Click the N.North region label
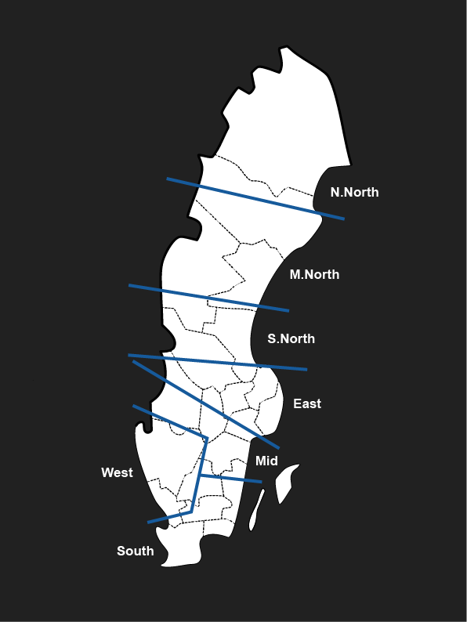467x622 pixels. click(x=354, y=192)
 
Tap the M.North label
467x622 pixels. click(x=314, y=274)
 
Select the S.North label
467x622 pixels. click(x=291, y=338)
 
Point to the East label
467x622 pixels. click(x=307, y=403)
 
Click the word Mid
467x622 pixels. click(x=266, y=461)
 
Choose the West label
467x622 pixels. click(x=117, y=472)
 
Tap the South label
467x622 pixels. click(x=136, y=551)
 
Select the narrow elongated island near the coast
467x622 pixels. click(x=256, y=512)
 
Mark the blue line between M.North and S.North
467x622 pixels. click(x=208, y=298)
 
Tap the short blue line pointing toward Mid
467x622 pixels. click(x=230, y=478)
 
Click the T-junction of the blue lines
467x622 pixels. click(x=200, y=475)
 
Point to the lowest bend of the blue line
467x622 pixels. click(x=191, y=512)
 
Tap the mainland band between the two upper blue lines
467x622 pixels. click(x=227, y=243)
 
